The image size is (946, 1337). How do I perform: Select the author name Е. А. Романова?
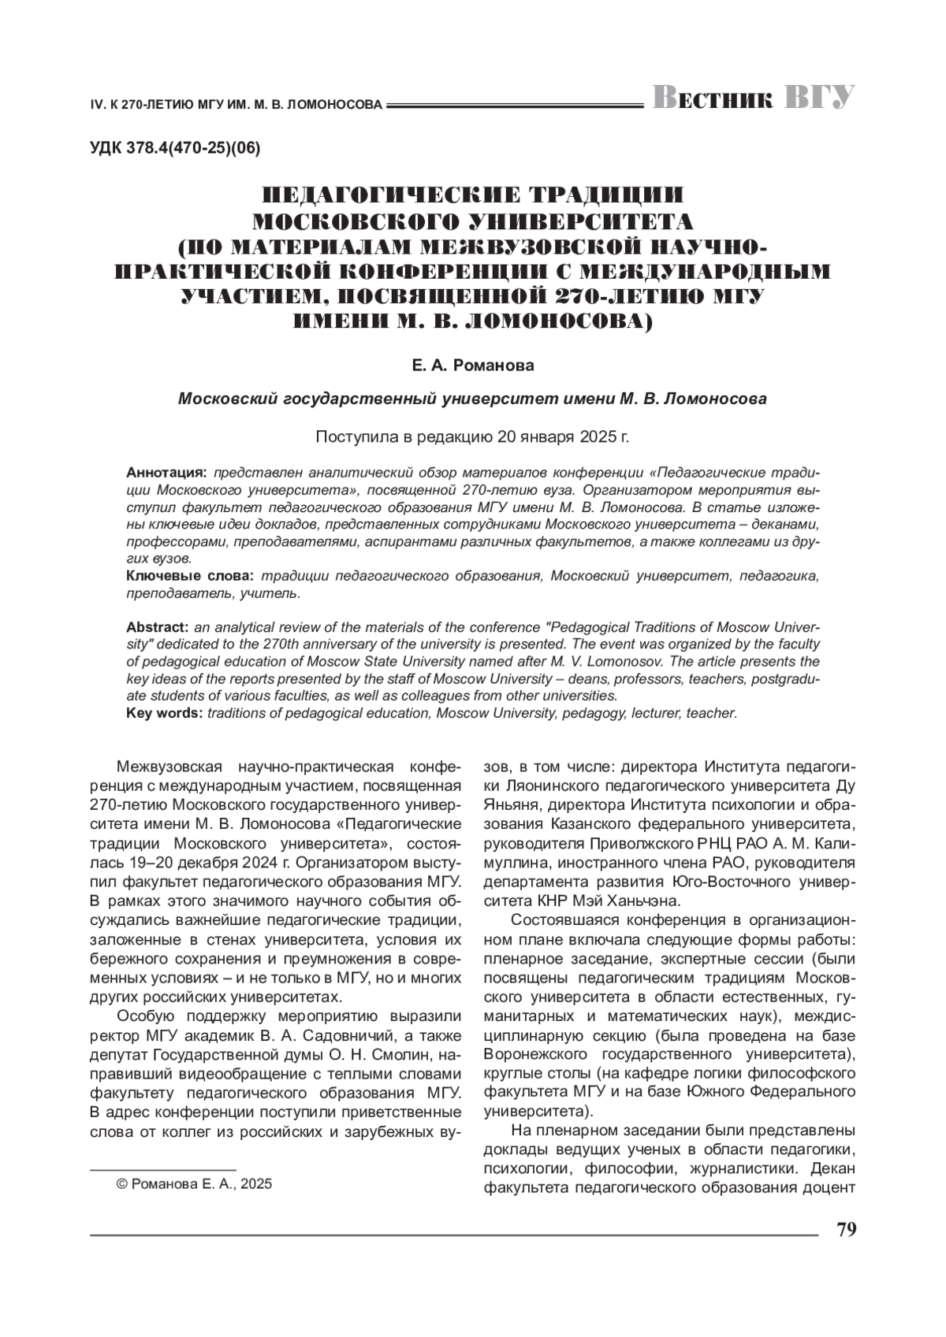point(472,366)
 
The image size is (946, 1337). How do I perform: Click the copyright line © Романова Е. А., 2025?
point(194,1184)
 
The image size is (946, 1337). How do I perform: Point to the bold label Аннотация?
point(166,473)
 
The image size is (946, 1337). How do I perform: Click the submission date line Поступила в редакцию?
point(472,436)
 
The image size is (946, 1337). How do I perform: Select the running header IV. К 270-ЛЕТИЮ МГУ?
point(236,104)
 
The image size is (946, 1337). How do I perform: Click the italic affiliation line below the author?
point(472,399)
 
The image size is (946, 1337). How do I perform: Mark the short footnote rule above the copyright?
point(163,1167)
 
